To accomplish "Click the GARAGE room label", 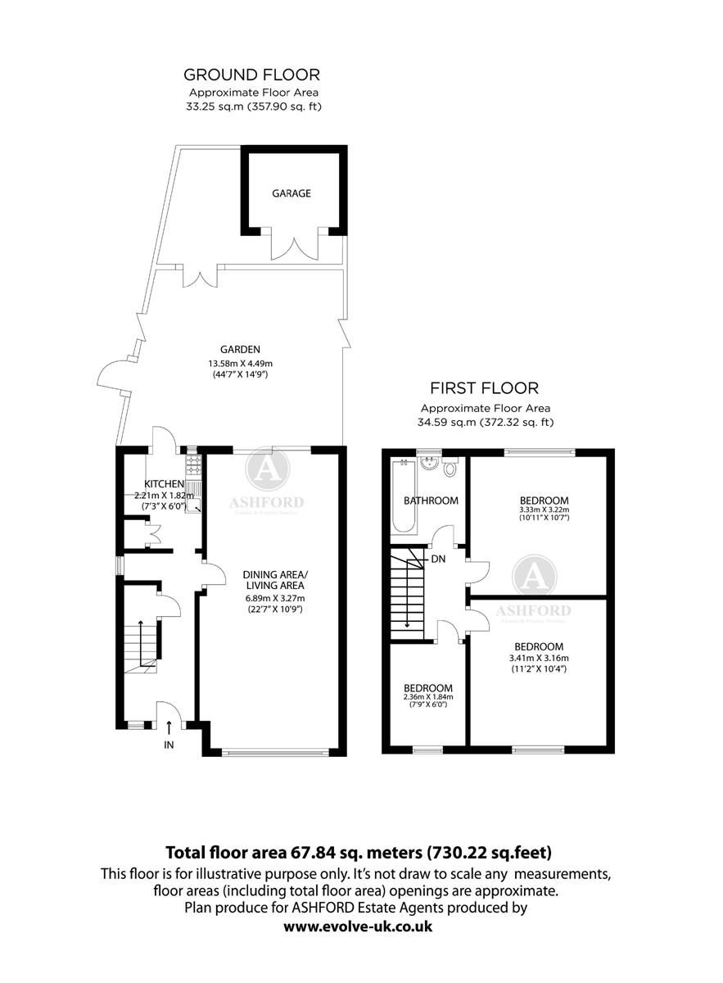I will tap(291, 194).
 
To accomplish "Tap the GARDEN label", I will tap(233, 350).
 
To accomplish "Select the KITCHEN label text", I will tap(165, 484).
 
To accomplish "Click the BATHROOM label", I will tap(431, 501).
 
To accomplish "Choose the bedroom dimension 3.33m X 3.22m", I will tap(544, 511).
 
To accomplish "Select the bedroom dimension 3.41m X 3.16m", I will tap(538, 658).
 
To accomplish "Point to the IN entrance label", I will tap(169, 745).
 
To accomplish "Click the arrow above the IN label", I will tap(169, 726).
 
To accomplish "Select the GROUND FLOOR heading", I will tap(251, 75).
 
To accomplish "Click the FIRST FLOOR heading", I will tap(485, 388).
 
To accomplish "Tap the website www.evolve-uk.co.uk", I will tap(358, 926).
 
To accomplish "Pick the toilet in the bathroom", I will tap(450, 469).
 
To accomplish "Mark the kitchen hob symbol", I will tap(193, 464).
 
